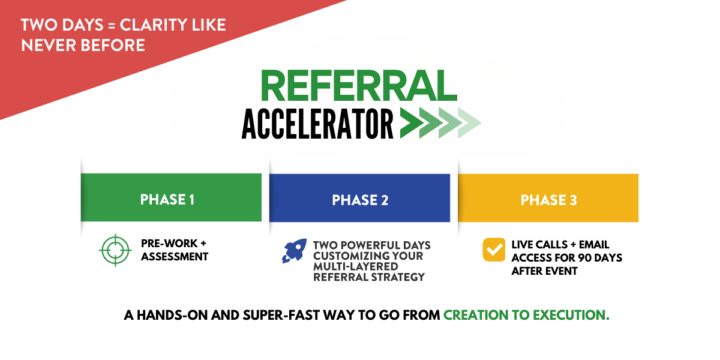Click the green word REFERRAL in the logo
click(358, 85)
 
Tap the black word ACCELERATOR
click(317, 124)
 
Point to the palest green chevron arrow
click(469, 123)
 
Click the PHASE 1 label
click(167, 200)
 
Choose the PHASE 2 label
click(360, 200)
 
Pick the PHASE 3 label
click(548, 200)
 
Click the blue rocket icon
click(295, 251)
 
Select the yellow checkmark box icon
click(494, 250)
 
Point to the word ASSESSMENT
click(175, 257)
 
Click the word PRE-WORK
click(169, 244)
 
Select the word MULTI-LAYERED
click(356, 267)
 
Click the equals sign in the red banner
click(112, 26)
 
